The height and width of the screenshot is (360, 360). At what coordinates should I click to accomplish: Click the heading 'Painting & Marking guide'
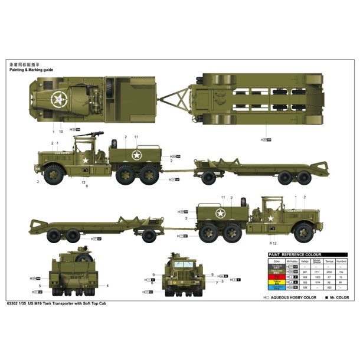(31, 69)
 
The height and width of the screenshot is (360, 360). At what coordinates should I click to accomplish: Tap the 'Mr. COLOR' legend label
(339, 297)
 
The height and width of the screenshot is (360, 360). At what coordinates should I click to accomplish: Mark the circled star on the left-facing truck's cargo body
(136, 156)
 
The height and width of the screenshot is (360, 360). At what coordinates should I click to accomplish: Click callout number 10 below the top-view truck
(61, 131)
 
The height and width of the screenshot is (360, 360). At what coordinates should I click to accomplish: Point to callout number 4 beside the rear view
(108, 286)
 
